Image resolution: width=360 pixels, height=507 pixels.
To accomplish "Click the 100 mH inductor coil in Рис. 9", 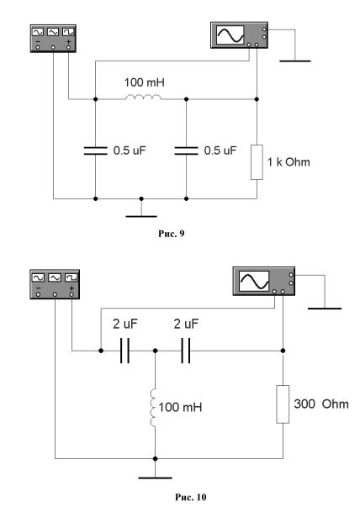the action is [143, 97].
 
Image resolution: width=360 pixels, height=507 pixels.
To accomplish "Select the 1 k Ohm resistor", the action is [257, 162].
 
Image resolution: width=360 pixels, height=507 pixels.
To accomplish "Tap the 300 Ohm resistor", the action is [283, 404].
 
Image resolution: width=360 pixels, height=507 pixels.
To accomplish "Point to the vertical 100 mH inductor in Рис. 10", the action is [153, 408].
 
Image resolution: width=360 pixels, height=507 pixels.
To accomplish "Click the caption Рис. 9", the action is [171, 234].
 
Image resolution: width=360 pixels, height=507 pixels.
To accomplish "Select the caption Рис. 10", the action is [190, 497].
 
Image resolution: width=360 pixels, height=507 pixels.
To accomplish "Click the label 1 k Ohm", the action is [289, 162].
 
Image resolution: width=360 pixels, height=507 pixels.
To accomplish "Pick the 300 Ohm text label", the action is [321, 404].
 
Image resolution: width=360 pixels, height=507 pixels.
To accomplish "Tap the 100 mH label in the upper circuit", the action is [145, 82].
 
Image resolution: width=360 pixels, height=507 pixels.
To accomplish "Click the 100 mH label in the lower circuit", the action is [180, 407].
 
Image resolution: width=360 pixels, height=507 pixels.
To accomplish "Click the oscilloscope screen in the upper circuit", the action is [230, 35].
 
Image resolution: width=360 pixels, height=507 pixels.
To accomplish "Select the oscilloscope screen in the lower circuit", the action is [254, 281].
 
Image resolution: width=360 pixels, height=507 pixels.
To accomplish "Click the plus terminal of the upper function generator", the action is [68, 47].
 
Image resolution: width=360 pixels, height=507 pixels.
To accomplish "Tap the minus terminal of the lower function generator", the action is [39, 294].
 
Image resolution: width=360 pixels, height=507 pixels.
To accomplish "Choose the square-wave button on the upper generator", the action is [68, 32].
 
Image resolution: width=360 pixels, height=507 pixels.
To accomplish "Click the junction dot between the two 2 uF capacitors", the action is [155, 351].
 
